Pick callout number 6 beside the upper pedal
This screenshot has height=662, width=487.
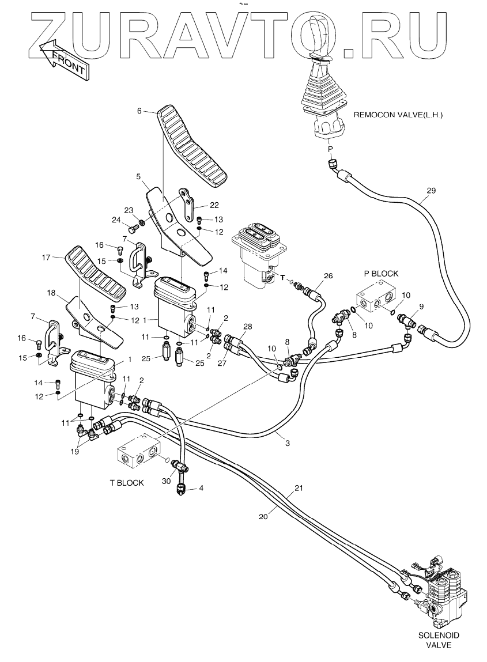[139, 112]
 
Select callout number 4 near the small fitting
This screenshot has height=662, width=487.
[201, 488]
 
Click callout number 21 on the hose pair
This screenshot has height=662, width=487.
[299, 488]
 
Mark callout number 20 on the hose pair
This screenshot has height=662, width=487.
[263, 516]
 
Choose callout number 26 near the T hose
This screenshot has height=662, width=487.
[328, 276]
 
